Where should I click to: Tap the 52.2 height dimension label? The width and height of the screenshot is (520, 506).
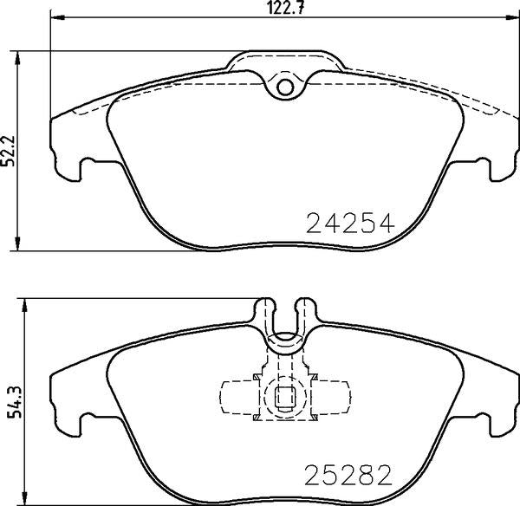[10, 151]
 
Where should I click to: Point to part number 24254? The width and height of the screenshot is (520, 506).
[351, 224]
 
